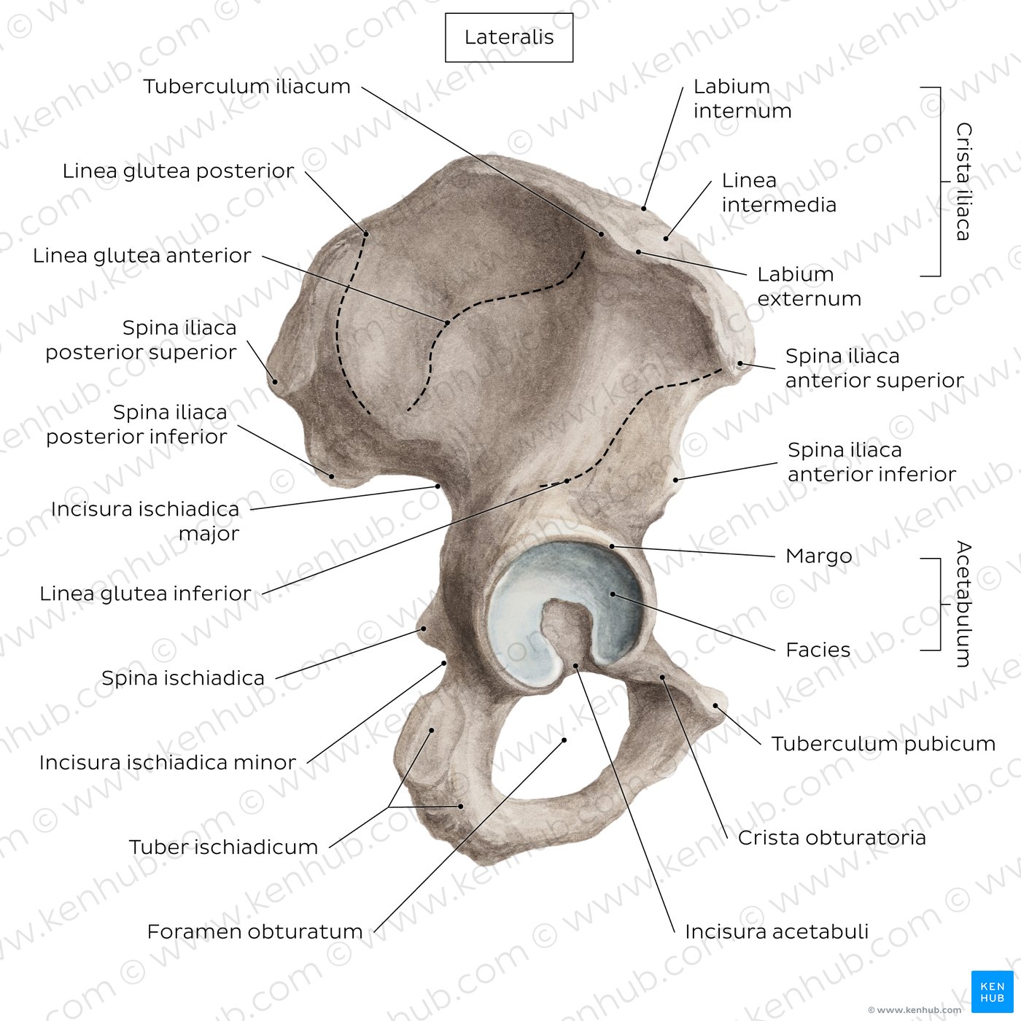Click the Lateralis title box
coord(508,38)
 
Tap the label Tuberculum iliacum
coord(247,86)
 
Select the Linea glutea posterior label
coord(178,171)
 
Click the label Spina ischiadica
coord(183,678)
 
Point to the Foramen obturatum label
coord(255,931)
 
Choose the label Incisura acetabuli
coord(777,931)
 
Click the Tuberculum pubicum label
coord(883,744)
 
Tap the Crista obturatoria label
coord(832,838)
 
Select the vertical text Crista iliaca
coord(964,182)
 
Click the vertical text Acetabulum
coord(964,604)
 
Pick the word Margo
coord(818,556)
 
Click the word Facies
coord(818,650)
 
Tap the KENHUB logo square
coord(993,992)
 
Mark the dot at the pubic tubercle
coord(715,706)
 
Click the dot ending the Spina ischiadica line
coord(424,629)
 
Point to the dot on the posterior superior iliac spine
coord(275,381)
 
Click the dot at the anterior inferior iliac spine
coord(675,480)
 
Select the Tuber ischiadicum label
coord(224,847)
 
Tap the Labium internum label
coord(742,98)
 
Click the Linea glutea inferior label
coord(145,594)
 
